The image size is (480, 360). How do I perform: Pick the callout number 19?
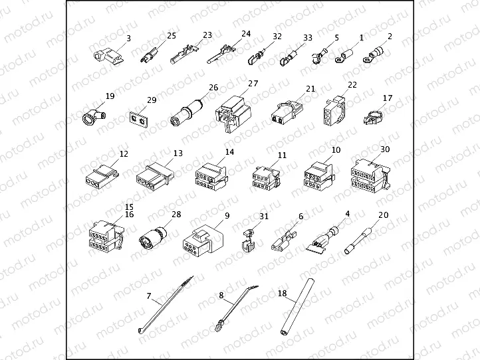110,96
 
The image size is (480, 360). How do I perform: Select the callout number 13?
177,153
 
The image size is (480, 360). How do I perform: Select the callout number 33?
307,38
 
